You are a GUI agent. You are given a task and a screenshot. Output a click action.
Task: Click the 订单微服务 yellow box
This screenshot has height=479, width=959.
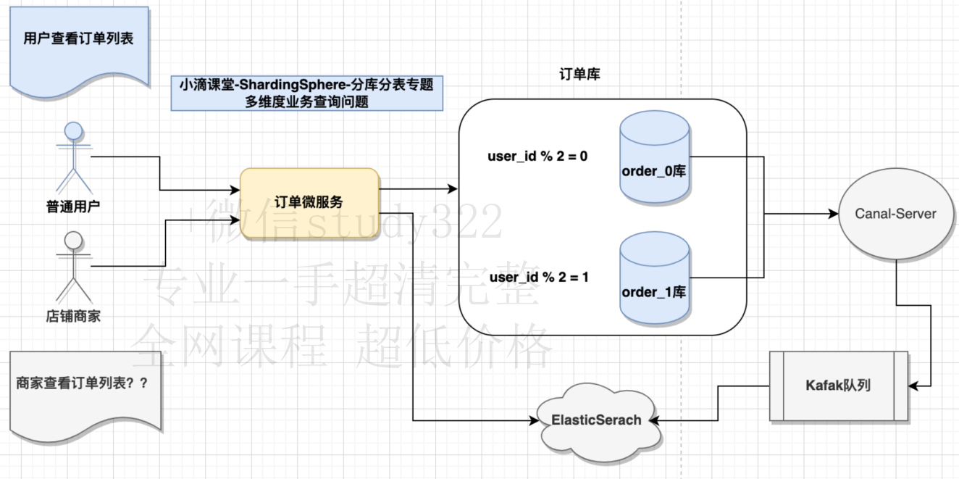click(x=309, y=203)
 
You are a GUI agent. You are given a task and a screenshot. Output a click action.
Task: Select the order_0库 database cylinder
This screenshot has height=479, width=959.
click(x=655, y=157)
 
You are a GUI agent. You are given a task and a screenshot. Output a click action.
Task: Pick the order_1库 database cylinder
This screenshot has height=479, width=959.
click(x=655, y=278)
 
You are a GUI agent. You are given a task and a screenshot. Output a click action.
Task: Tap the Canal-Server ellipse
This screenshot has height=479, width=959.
click(x=896, y=213)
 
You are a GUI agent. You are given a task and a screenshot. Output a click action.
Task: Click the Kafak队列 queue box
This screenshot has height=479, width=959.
click(x=838, y=386)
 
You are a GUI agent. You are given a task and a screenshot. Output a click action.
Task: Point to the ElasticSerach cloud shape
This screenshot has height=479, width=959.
click(x=596, y=420)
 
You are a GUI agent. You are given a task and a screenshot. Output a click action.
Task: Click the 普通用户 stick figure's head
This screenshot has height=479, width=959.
click(x=73, y=130)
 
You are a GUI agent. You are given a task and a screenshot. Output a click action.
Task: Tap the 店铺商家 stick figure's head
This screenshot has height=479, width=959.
click(x=73, y=241)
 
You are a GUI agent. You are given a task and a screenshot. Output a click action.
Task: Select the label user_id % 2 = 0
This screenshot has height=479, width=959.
click(x=537, y=157)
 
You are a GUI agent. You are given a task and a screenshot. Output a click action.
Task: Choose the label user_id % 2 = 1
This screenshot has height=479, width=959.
click(x=539, y=278)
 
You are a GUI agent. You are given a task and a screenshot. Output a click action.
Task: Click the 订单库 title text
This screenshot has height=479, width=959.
click(x=579, y=74)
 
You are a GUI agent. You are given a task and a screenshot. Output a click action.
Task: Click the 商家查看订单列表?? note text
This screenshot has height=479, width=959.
click(x=82, y=383)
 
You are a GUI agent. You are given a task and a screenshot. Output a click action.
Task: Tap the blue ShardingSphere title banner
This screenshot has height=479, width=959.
click(x=307, y=93)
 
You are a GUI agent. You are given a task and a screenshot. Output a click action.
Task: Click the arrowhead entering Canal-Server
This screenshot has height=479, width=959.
click(x=833, y=213)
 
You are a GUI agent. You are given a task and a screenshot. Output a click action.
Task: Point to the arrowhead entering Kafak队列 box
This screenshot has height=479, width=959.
click(x=913, y=386)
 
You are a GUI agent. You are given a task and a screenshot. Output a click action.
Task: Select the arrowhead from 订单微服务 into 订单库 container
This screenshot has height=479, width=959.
click(x=453, y=188)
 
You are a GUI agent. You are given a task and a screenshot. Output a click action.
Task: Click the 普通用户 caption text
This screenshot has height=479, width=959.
click(x=73, y=207)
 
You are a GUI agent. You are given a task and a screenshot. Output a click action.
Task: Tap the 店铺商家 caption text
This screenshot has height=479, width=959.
click(x=73, y=317)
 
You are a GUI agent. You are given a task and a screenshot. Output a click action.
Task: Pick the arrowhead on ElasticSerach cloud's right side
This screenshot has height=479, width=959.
click(x=655, y=420)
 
